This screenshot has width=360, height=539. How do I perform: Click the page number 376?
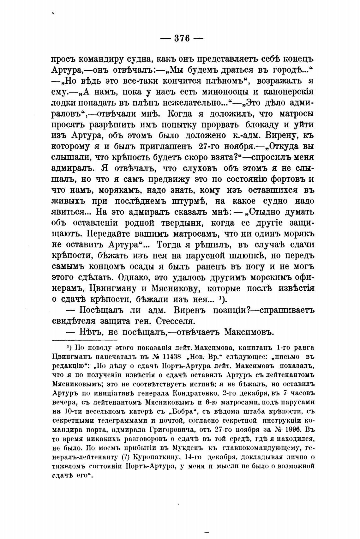(x=182, y=39)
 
